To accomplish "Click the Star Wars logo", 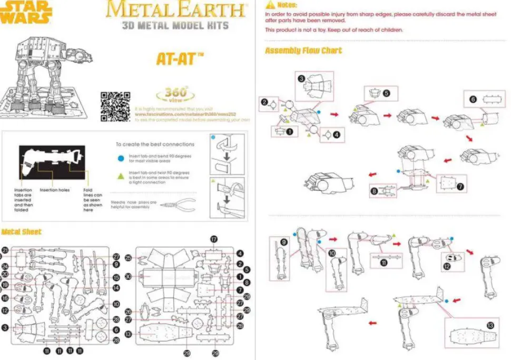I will pos(26,12).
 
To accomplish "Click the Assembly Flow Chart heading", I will pos(303,51).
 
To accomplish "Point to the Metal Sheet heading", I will pos(21,232).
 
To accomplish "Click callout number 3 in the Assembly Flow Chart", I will pos(302,79).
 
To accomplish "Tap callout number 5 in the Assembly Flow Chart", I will pos(387,93).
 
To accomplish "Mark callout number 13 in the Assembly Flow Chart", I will pos(490,326).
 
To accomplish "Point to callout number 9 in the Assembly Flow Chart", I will pos(283,242).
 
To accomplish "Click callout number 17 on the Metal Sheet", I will pos(214,239).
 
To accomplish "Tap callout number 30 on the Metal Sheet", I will pos(129,277).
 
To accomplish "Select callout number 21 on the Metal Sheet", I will pos(5,250).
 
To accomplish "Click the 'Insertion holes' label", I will pos(55,190).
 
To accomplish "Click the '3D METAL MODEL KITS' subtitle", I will pos(175,25).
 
